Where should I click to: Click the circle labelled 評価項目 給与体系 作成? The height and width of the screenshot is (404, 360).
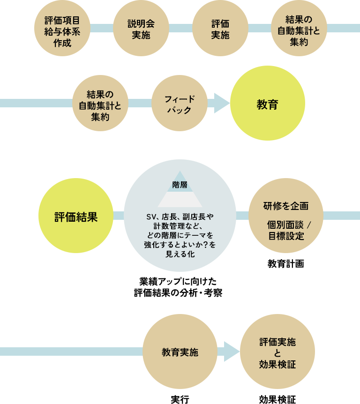click(62, 28)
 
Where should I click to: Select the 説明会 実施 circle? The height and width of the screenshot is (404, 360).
click(141, 28)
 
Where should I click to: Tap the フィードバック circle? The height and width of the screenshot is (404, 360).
click(180, 104)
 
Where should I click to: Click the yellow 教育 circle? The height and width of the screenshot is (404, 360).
click(267, 104)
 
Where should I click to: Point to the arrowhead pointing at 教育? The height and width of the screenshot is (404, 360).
click(221, 103)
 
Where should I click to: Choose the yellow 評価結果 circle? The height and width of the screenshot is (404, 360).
click(75, 216)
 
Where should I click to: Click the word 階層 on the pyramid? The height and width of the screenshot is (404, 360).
click(180, 185)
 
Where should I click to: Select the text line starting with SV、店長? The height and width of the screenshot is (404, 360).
click(180, 216)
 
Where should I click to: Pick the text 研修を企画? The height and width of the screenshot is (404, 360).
click(285, 206)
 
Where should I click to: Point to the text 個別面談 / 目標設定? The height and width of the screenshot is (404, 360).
click(285, 230)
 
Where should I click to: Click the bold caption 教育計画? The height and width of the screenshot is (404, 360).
click(285, 263)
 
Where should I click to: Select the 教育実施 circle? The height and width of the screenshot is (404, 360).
click(180, 352)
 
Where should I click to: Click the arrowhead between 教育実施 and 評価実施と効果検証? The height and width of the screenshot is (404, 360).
click(232, 352)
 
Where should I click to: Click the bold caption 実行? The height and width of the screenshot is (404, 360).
click(180, 399)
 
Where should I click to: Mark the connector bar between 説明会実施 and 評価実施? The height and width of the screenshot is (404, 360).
click(180, 28)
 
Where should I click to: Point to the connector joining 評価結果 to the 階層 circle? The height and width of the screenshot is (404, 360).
click(119, 216)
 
